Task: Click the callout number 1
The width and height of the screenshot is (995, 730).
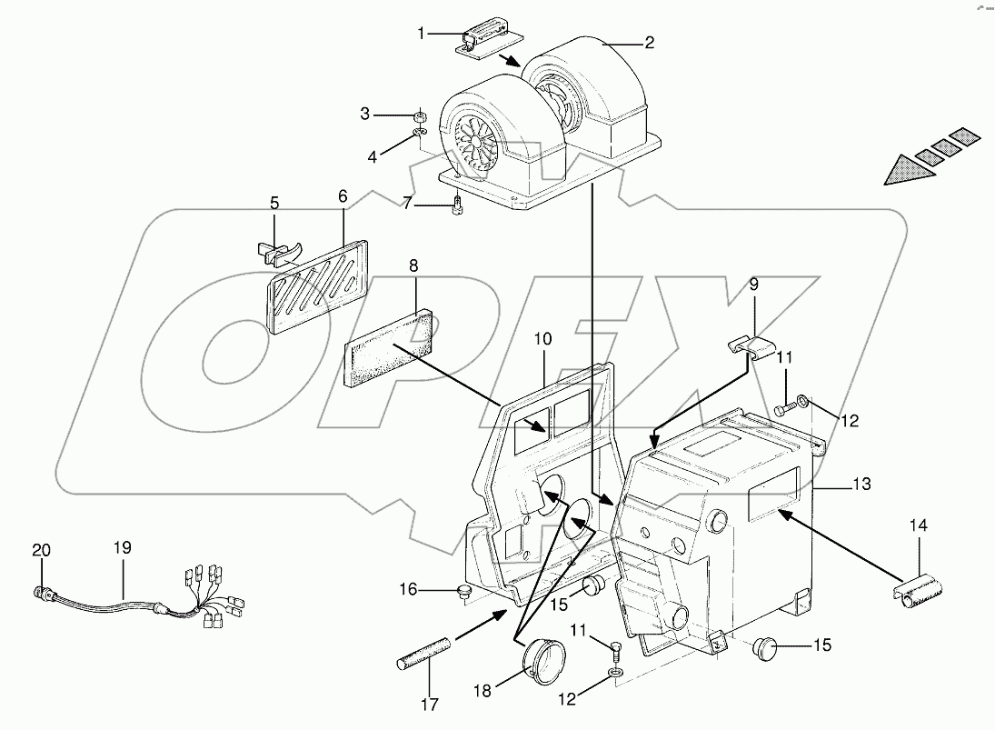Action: (x=421, y=34)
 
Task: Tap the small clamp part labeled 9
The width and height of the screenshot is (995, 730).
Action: (x=752, y=347)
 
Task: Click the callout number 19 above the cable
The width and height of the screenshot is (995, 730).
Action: (x=123, y=548)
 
